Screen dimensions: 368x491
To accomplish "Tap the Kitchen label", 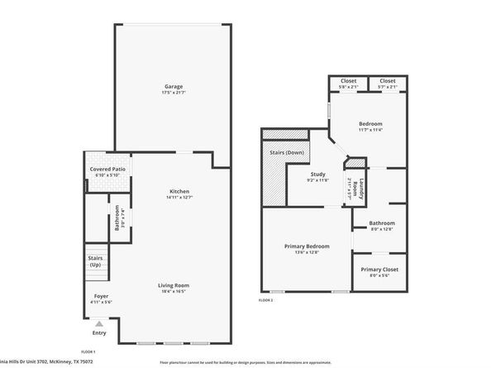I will tap(179, 191).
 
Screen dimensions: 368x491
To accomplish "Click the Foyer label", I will tap(101, 295).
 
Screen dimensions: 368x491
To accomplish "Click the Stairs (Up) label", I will tap(95, 261).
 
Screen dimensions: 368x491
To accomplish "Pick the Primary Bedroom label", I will tap(307, 246).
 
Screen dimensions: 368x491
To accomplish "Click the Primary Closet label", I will tap(379, 270).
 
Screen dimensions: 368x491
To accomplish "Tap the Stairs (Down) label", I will tap(284, 153).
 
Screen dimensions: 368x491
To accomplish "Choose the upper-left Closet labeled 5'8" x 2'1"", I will tap(348, 81).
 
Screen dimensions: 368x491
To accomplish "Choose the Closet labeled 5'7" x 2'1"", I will tap(388, 81).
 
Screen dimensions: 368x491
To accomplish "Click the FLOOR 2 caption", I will tap(265, 300).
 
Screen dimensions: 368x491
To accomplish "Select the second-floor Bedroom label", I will tap(369, 123).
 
